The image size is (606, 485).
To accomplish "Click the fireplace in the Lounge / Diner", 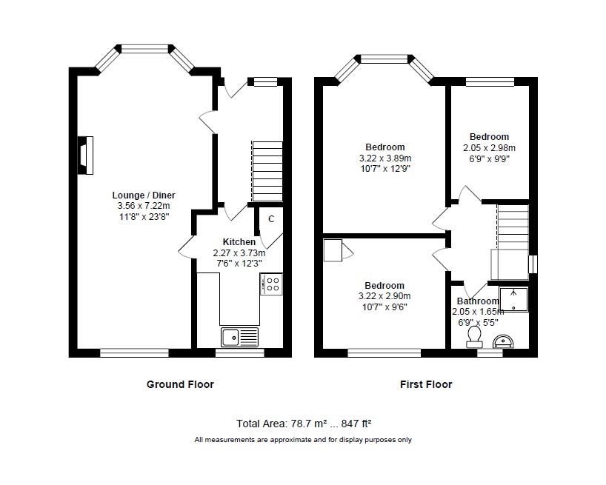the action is click(x=85, y=155).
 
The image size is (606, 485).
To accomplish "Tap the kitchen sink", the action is click(x=239, y=337).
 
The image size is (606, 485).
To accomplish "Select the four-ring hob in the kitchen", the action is click(x=271, y=284).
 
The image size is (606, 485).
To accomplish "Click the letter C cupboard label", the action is click(x=271, y=219).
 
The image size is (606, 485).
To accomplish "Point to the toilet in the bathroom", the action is click(x=474, y=336).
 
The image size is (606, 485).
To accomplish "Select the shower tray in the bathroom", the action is click(x=513, y=299).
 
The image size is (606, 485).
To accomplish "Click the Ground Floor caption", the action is click(x=180, y=384).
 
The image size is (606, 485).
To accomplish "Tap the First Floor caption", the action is click(x=426, y=384).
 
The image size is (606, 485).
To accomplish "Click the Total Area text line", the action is click(x=304, y=424).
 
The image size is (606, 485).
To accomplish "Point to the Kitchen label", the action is click(x=239, y=241).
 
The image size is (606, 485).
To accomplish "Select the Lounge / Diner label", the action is click(x=144, y=195).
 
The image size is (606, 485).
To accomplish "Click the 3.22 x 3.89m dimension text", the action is click(x=385, y=158).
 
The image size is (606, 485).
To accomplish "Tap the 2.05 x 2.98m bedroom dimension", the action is click(x=489, y=147).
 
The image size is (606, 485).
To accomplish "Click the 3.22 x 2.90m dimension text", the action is click(x=384, y=296).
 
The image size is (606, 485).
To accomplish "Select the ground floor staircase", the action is click(x=267, y=171).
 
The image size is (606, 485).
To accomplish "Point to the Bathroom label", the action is click(x=478, y=301).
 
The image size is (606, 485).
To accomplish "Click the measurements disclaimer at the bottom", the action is click(x=303, y=439).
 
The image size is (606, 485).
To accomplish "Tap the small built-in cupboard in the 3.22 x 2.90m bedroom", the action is click(x=333, y=250).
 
